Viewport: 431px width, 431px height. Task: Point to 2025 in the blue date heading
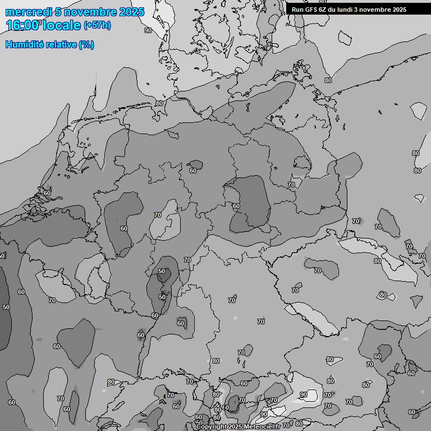(x=131, y=12)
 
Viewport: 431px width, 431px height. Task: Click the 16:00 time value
(x=23, y=25)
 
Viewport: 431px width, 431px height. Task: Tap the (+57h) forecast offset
(x=97, y=25)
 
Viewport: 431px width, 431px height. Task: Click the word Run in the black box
(x=297, y=10)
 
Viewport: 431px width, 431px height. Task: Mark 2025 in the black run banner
(x=400, y=10)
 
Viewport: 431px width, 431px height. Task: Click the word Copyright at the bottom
(x=212, y=427)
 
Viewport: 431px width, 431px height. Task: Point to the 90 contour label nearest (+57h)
(x=148, y=30)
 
